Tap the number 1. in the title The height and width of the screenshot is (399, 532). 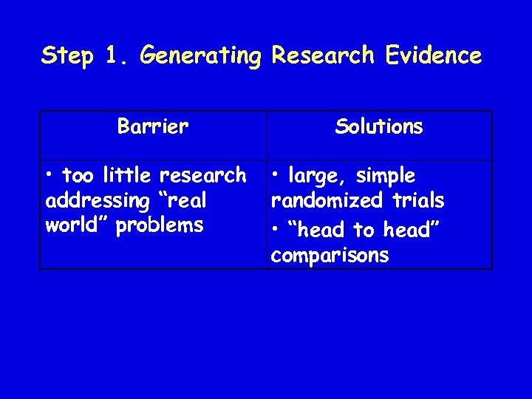[x=117, y=55]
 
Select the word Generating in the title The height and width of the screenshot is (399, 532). [x=200, y=55]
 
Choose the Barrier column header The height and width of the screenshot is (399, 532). [x=153, y=127]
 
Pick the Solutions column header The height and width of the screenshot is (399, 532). [x=378, y=127]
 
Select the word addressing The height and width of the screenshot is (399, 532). [x=93, y=201]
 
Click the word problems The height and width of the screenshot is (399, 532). [x=160, y=225]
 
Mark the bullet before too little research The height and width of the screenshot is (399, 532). [x=50, y=176]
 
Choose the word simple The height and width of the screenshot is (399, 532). [x=386, y=177]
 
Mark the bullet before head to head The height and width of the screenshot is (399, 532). [x=275, y=230]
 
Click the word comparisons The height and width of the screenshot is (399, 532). [x=330, y=256]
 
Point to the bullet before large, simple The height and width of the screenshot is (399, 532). [x=275, y=177]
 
